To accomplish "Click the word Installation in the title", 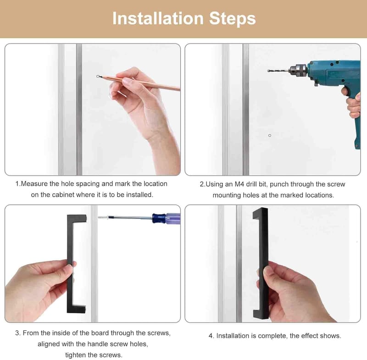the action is (x=158, y=18).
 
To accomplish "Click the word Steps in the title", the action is (x=233, y=19).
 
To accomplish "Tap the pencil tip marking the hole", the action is (x=98, y=76).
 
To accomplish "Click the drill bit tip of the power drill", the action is (x=268, y=71).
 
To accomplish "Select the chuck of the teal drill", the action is (x=298, y=70).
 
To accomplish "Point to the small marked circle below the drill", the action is (x=270, y=135).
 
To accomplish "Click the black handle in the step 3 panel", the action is (x=70, y=264).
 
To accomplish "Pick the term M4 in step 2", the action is (x=239, y=184).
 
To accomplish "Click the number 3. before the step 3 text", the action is (x=18, y=333).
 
